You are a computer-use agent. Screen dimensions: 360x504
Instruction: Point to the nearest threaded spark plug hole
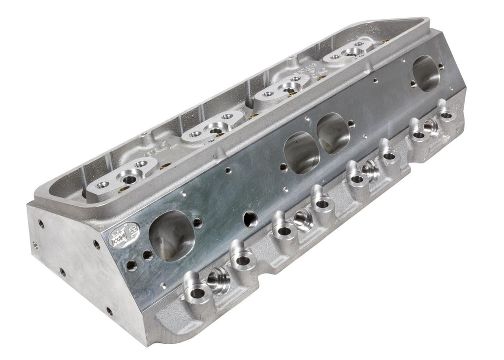[217, 282]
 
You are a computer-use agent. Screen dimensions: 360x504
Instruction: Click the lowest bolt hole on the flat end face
[109, 311]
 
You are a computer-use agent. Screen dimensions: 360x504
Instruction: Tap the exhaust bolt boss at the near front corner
[195, 294]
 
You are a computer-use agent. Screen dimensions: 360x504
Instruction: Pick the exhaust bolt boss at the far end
[446, 115]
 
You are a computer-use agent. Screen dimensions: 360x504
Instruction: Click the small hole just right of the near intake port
[197, 222]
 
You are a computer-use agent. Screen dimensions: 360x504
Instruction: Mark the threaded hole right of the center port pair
[351, 124]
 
